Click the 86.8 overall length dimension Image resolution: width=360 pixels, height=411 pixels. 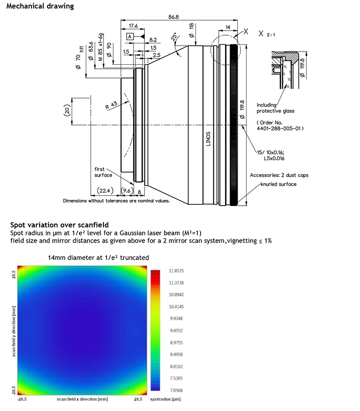click(x=174, y=17)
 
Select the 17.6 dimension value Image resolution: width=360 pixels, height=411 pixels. click(x=134, y=26)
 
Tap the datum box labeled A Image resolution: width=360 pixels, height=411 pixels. click(x=130, y=36)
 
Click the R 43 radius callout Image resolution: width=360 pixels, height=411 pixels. click(x=111, y=105)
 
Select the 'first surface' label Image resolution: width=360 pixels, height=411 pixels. click(x=103, y=172)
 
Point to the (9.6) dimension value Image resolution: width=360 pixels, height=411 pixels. click(x=126, y=191)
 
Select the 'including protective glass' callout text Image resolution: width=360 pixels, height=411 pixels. click(x=275, y=108)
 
